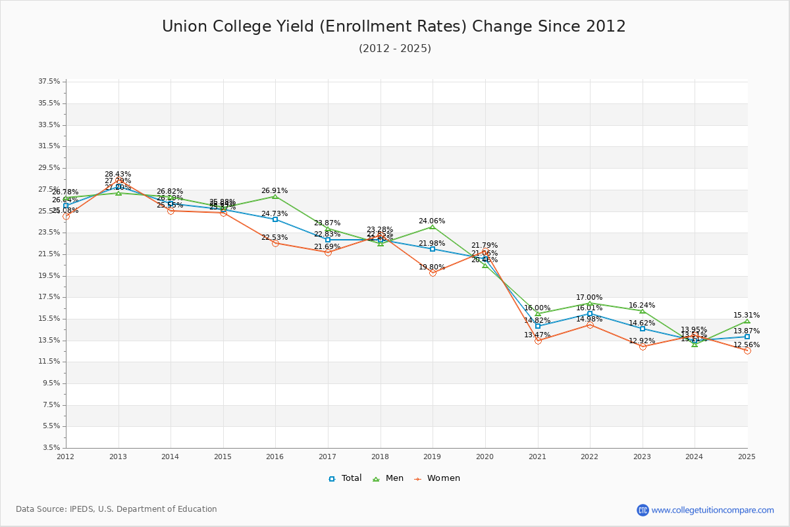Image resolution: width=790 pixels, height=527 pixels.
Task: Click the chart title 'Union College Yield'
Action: (394, 26)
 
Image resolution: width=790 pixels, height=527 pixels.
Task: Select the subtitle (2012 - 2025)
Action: (395, 49)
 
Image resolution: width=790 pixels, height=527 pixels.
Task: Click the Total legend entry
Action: (346, 478)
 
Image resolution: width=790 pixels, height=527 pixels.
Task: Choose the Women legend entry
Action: (437, 478)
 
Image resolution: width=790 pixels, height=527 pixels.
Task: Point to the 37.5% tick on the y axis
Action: (49, 82)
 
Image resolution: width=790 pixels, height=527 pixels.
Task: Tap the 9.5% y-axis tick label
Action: (51, 383)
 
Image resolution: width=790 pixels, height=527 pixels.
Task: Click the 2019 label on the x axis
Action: (433, 457)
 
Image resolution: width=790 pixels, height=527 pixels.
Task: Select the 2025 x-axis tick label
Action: (747, 457)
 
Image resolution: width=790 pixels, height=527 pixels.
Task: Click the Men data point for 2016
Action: (275, 196)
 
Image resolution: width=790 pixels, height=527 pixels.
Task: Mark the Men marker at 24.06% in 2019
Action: (433, 227)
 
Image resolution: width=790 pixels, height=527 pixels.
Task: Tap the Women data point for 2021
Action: (538, 341)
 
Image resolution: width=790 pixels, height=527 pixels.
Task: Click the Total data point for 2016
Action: (275, 219)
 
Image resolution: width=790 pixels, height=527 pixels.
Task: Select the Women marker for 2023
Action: (643, 347)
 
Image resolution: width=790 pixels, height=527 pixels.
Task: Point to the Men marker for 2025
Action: (747, 321)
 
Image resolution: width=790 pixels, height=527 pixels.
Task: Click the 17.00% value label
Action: (589, 298)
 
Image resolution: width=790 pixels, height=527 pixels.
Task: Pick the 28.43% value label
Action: (118, 175)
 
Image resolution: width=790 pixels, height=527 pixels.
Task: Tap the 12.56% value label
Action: (747, 345)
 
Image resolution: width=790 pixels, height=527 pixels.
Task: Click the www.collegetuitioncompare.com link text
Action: (712, 510)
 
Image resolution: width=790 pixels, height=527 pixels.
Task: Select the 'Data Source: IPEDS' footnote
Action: (117, 509)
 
